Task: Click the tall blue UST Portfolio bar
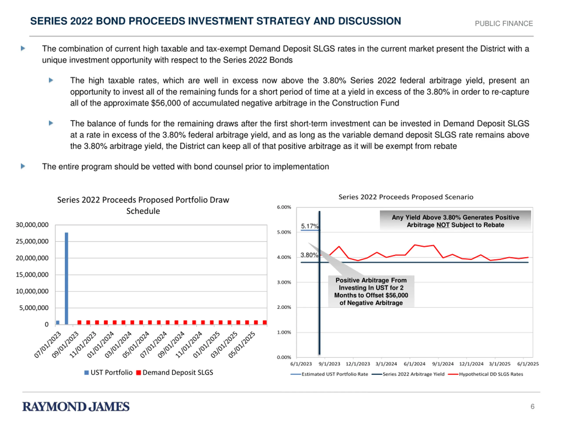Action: coord(66,278)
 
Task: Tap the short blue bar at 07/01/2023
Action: coord(58,322)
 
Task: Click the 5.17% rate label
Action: coord(310,226)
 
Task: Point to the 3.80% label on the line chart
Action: coord(309,255)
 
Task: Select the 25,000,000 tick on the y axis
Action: coord(32,241)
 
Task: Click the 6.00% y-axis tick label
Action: coord(284,207)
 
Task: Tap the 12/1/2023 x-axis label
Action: coord(358,364)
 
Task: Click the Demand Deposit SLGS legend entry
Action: coord(175,372)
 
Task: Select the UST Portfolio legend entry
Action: coord(108,372)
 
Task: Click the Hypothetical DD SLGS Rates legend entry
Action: coord(486,374)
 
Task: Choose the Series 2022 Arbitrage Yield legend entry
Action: coord(408,374)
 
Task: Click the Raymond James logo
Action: coord(76,406)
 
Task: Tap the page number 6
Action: coord(532,406)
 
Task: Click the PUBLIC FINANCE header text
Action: coord(504,23)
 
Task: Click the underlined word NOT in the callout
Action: coord(443,225)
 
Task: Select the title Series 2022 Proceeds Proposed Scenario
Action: coord(406,197)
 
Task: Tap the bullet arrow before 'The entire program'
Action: coord(23,166)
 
